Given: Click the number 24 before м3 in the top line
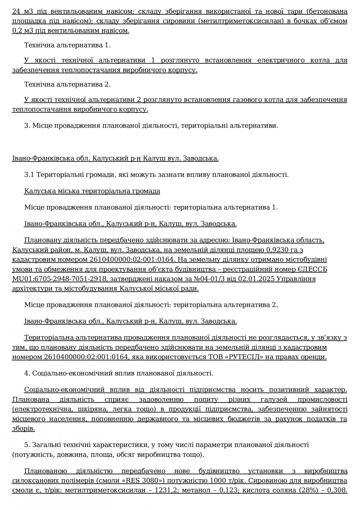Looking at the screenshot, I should [16, 12].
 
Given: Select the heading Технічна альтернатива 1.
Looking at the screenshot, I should [67, 45].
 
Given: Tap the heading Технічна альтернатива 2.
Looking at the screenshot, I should [67, 84].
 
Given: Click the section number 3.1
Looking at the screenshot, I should [29, 175].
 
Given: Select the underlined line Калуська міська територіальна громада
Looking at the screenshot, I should [92, 191].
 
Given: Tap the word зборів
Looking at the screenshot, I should [23, 428].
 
